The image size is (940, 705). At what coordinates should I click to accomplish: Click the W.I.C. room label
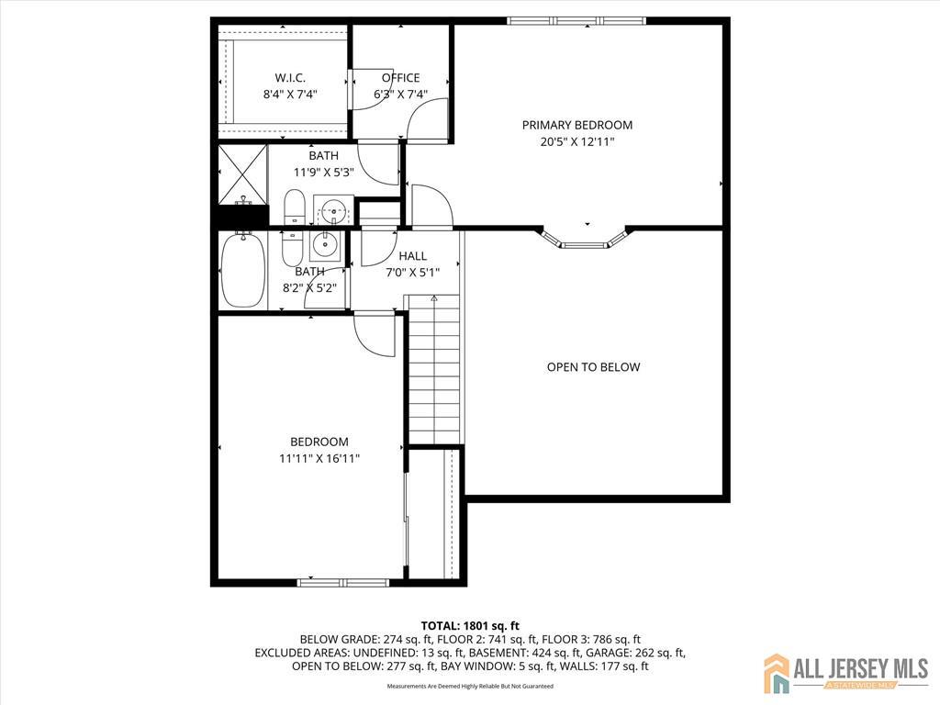pyautogui.click(x=290, y=78)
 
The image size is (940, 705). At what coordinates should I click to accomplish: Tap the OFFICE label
pyautogui.click(x=400, y=78)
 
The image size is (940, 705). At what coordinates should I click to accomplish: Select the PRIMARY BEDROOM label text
pyautogui.click(x=577, y=125)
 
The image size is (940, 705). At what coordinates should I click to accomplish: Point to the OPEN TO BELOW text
pyautogui.click(x=594, y=367)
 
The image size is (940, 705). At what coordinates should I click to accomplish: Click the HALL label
pyautogui.click(x=412, y=256)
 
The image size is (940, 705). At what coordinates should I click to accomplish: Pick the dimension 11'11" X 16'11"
pyautogui.click(x=319, y=459)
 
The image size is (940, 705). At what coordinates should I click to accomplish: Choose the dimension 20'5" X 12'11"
pyautogui.click(x=577, y=142)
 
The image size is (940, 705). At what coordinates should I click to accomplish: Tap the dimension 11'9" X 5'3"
pyautogui.click(x=324, y=173)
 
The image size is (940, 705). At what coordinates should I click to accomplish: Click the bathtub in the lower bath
pyautogui.click(x=242, y=271)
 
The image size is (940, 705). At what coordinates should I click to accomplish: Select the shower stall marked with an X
pyautogui.click(x=242, y=173)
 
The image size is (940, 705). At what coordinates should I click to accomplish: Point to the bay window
pyautogui.click(x=585, y=240)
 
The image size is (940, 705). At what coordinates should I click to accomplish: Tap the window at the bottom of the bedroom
pyautogui.click(x=343, y=582)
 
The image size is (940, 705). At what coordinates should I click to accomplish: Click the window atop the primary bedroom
pyautogui.click(x=576, y=21)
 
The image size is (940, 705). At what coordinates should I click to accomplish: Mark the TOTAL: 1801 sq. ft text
pyautogui.click(x=470, y=627)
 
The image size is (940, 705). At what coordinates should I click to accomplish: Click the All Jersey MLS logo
pyautogui.click(x=845, y=672)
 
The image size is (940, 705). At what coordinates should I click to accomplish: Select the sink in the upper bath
pyautogui.click(x=332, y=210)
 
